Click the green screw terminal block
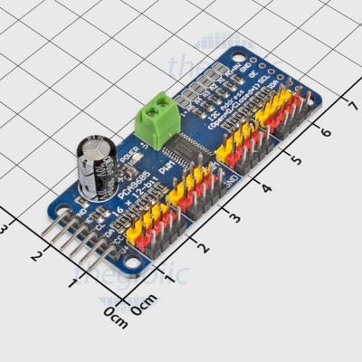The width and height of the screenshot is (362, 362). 156,121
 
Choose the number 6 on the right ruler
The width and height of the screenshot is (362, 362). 325,130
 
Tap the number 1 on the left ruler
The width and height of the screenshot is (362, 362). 72,283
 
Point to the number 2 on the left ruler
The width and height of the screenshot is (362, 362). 37,254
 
